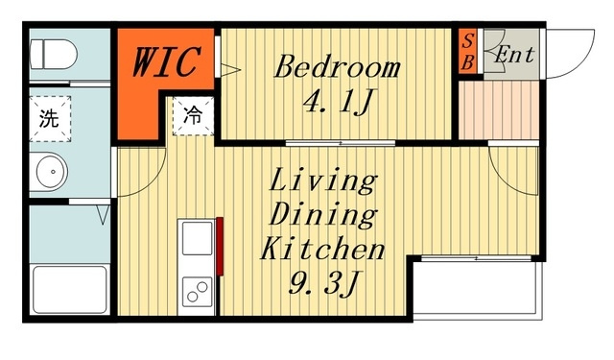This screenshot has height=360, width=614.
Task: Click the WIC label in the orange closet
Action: click(167, 61)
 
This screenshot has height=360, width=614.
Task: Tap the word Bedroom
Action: click(337, 67)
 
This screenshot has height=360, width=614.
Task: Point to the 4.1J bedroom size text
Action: click(337, 101)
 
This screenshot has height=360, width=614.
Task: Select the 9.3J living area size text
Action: click(323, 282)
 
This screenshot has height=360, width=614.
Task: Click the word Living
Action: click(323, 180)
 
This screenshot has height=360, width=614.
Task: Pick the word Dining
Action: click(323, 215)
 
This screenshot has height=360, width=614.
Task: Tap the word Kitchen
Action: click(322, 249)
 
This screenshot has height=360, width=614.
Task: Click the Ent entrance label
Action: click(514, 55)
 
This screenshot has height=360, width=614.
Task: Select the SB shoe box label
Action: click(467, 51)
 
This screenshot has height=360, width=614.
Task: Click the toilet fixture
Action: click(54, 54)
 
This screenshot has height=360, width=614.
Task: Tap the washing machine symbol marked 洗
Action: click(50, 119)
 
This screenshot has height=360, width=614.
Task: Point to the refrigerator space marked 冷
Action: click(193, 116)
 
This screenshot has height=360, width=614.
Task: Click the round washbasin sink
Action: click(52, 172)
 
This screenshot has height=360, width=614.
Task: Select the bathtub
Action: click(70, 290)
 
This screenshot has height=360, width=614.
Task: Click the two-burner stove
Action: click(197, 292)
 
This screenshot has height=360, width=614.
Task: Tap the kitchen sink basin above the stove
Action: click(197, 238)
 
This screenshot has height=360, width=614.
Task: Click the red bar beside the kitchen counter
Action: click(220, 247)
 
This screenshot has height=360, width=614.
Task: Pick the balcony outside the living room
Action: click(475, 288)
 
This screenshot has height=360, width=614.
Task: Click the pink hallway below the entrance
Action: click(499, 110)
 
